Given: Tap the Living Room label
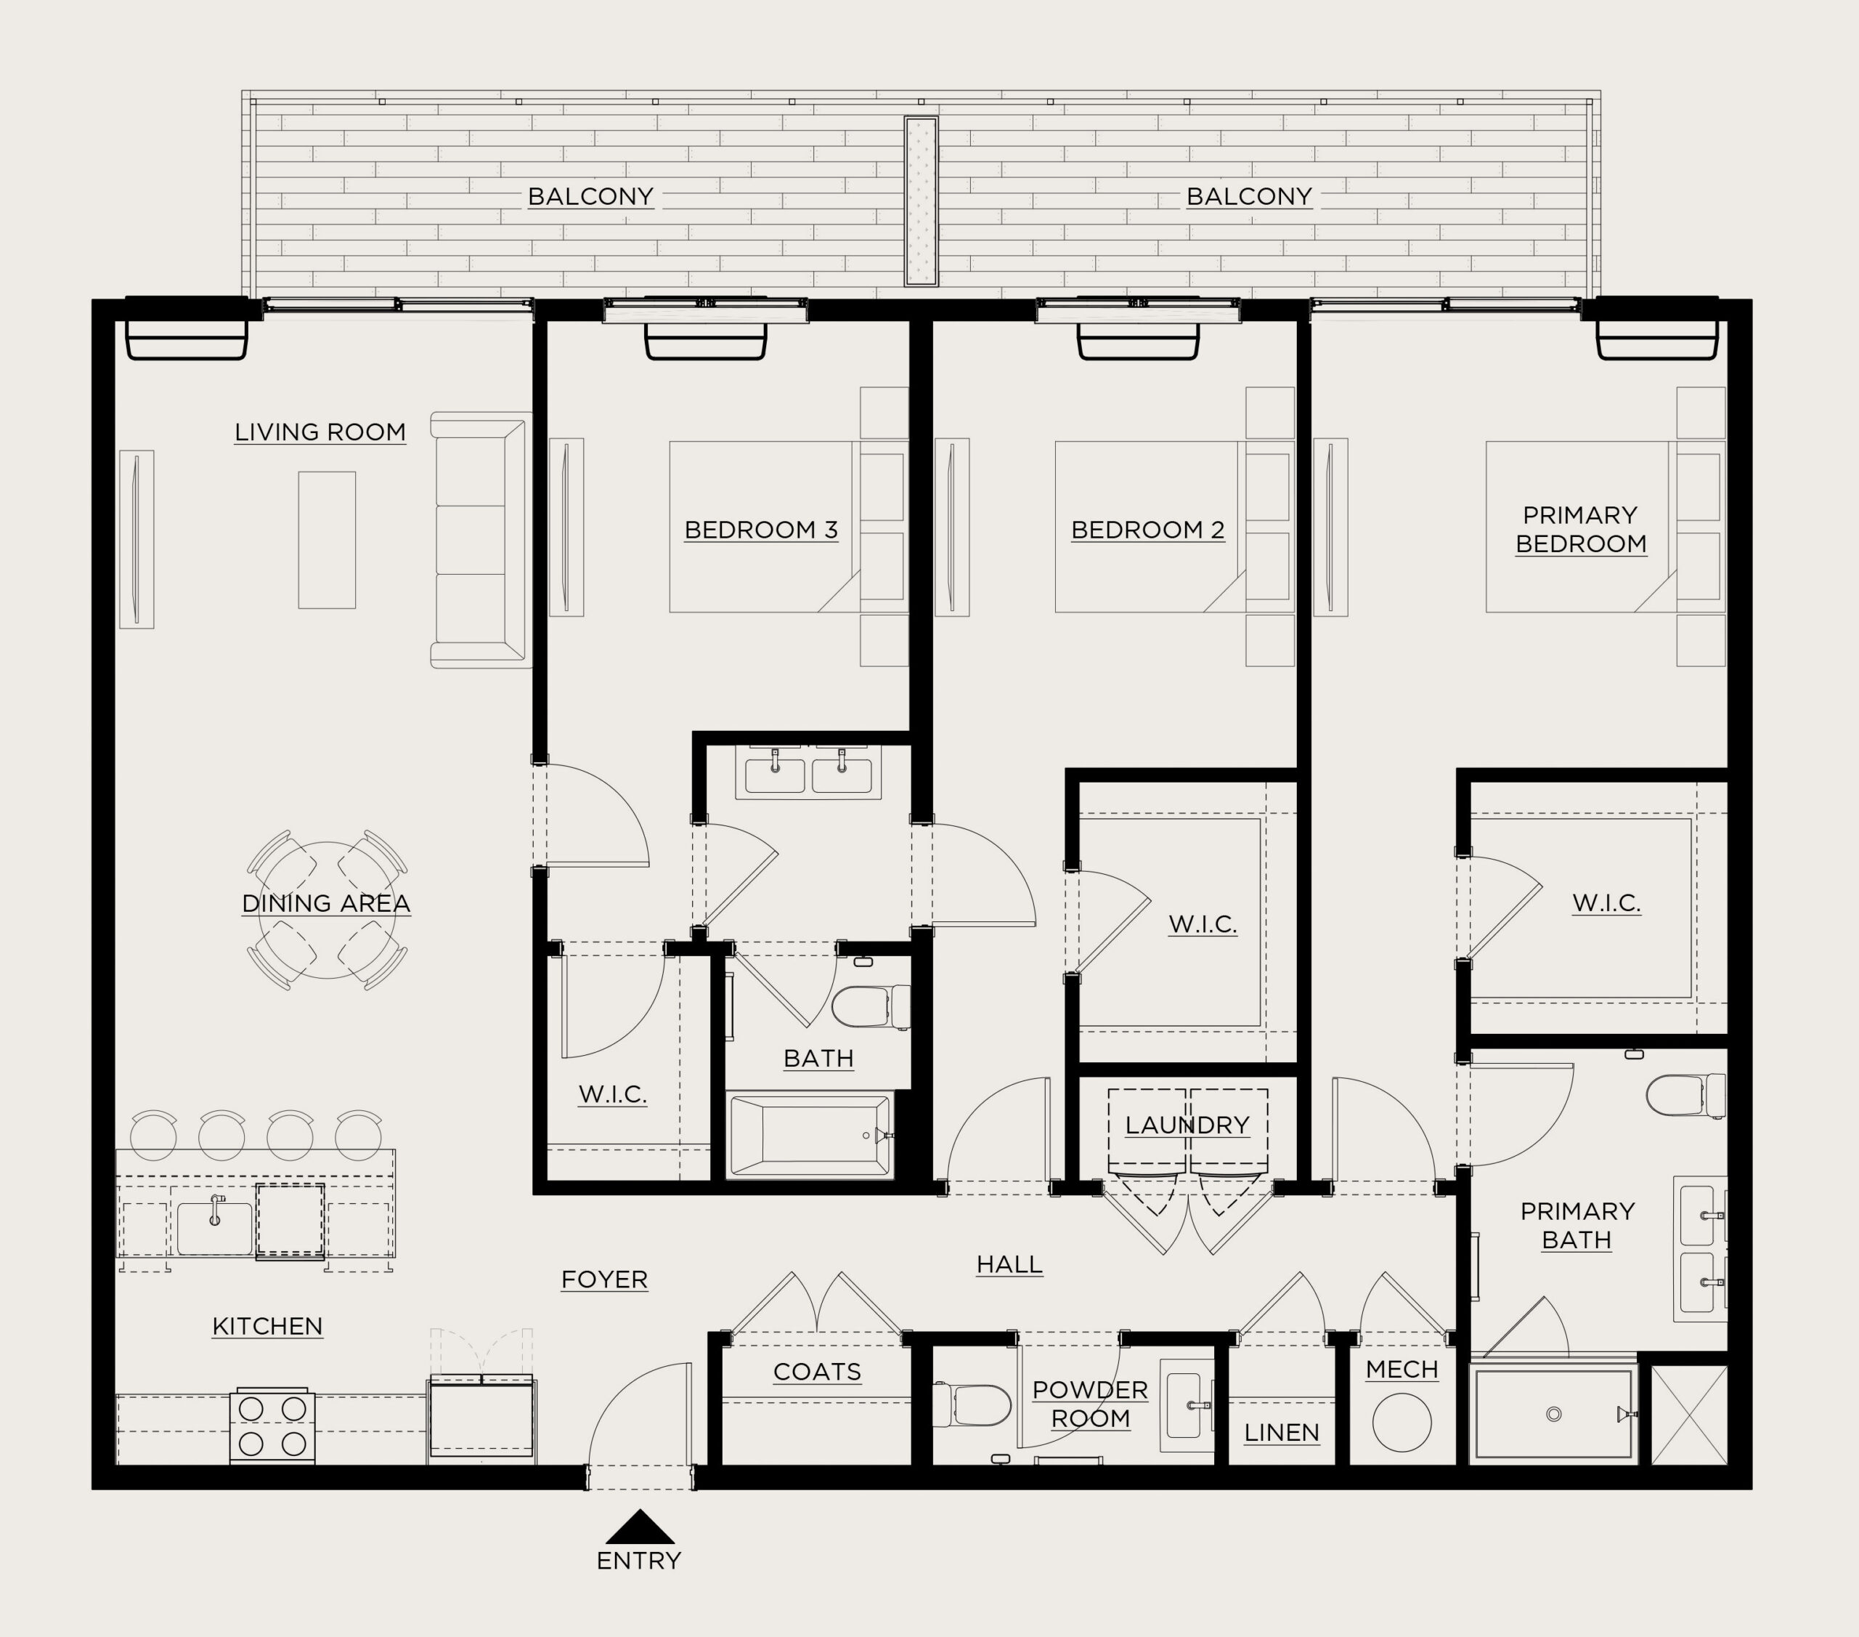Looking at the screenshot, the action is coord(320,432).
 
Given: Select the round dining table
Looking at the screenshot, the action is coord(328,910).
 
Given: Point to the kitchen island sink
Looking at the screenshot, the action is coord(215,1227).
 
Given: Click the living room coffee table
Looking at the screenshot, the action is coord(327,540).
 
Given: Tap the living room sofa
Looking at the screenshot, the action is coord(480,540).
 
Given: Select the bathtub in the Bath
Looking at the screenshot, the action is coord(810,1136).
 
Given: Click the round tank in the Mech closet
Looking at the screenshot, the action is coord(1402,1422).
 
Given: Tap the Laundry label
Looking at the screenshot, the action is coord(1187,1125).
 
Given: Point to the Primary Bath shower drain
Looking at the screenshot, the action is coord(1553,1414).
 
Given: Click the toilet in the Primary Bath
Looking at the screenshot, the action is coord(1685,1096).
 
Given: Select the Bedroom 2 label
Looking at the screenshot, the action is coord(1148,530).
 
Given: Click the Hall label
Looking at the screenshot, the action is coord(1009,1264).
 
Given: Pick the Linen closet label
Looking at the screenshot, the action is coord(1282,1432).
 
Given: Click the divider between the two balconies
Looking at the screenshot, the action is coord(920,201).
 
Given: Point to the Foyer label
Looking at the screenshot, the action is coord(604,1280).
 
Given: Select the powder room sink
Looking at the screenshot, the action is coord(1187,1405).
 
